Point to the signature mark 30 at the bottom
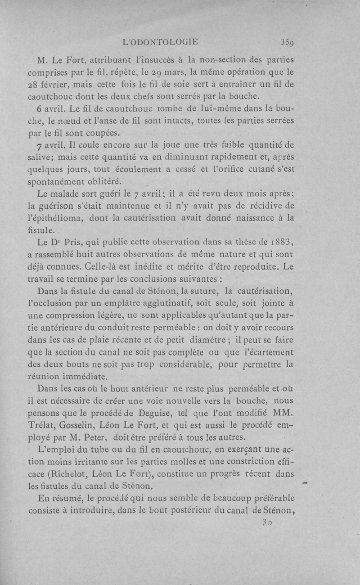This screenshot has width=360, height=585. [266, 523]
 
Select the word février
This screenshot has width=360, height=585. [60, 84]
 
